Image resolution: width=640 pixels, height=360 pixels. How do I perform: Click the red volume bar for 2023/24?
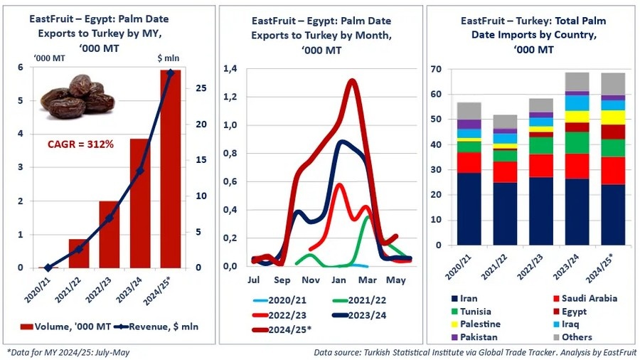(140, 203)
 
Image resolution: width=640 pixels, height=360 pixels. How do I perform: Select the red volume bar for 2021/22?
(79, 253)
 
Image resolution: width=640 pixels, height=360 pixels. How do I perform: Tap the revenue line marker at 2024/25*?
(171, 73)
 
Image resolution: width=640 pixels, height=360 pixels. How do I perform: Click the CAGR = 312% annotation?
(80, 144)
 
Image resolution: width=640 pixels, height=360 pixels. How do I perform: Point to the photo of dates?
(78, 97)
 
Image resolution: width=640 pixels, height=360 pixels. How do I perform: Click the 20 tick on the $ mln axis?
(201, 124)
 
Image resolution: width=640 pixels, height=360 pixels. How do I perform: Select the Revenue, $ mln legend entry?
(156, 327)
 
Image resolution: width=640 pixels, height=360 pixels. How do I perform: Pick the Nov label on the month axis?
(311, 280)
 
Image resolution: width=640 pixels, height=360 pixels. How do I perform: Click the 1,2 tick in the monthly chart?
(230, 97)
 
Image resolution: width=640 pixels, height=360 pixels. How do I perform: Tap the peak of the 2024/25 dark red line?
(351, 81)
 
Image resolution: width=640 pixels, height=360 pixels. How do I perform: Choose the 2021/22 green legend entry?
(359, 300)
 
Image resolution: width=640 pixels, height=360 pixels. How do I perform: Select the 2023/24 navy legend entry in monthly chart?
(359, 315)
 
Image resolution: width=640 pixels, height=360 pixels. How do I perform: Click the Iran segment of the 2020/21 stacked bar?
(469, 209)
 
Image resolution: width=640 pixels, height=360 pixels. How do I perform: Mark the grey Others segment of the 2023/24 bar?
(577, 82)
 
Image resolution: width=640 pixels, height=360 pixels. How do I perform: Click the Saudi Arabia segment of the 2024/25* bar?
(613, 171)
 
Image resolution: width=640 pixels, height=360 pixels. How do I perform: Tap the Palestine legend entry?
(476, 324)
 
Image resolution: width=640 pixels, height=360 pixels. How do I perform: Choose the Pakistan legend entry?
(474, 337)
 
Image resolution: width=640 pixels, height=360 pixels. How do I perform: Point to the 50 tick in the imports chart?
(436, 120)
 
